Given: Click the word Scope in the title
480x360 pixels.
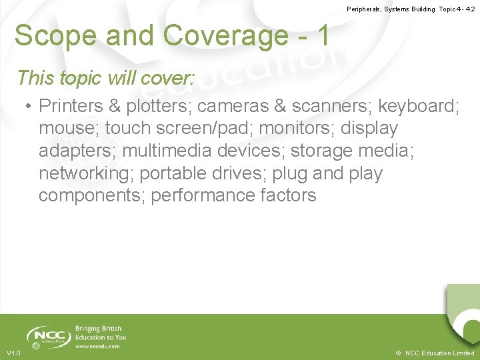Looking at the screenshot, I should pos(51,36).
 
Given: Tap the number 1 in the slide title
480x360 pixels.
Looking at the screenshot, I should pos(323,36).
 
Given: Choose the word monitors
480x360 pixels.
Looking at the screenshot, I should pos(310,128).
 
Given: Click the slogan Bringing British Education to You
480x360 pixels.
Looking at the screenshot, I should pos(101,333).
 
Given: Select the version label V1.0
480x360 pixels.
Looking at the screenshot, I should pos(13,353).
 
